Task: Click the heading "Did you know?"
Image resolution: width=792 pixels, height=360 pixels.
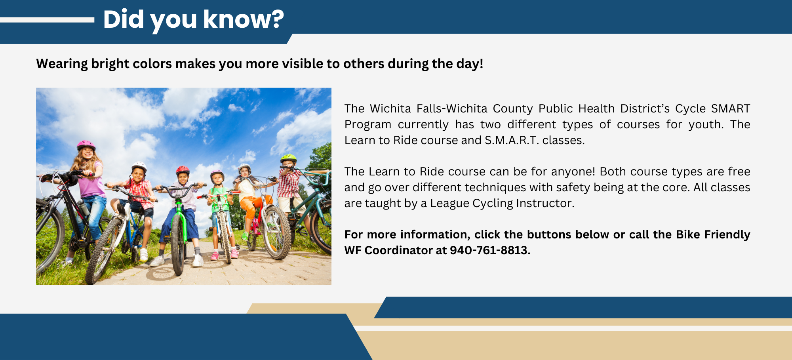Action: [193, 19]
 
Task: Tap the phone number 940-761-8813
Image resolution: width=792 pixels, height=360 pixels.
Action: [490, 250]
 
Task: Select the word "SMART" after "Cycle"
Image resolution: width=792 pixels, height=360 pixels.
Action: [731, 109]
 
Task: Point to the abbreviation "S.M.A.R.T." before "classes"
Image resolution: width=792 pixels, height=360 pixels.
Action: [512, 140]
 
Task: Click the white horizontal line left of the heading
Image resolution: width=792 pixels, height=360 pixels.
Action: [47, 20]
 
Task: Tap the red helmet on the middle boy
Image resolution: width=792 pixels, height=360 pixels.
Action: [183, 170]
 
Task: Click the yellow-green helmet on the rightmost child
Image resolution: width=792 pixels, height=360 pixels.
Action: [288, 158]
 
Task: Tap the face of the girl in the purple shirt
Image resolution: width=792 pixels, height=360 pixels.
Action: [87, 153]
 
